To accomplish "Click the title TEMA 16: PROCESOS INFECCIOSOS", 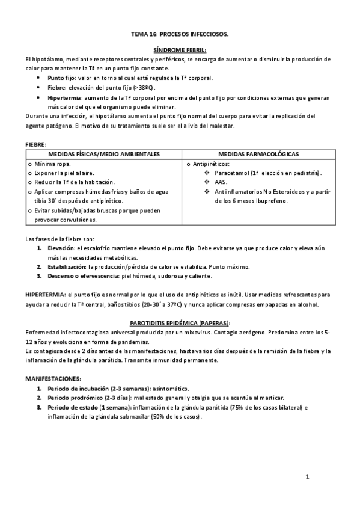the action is coord(180,35).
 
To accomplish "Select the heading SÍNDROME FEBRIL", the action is coord(180,50).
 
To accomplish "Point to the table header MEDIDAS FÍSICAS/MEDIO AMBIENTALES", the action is coord(105,154).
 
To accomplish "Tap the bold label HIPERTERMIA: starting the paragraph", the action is coord(46,295).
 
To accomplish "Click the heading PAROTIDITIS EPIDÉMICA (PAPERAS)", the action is coord(180,323).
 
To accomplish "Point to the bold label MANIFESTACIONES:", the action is coord(53,379).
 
